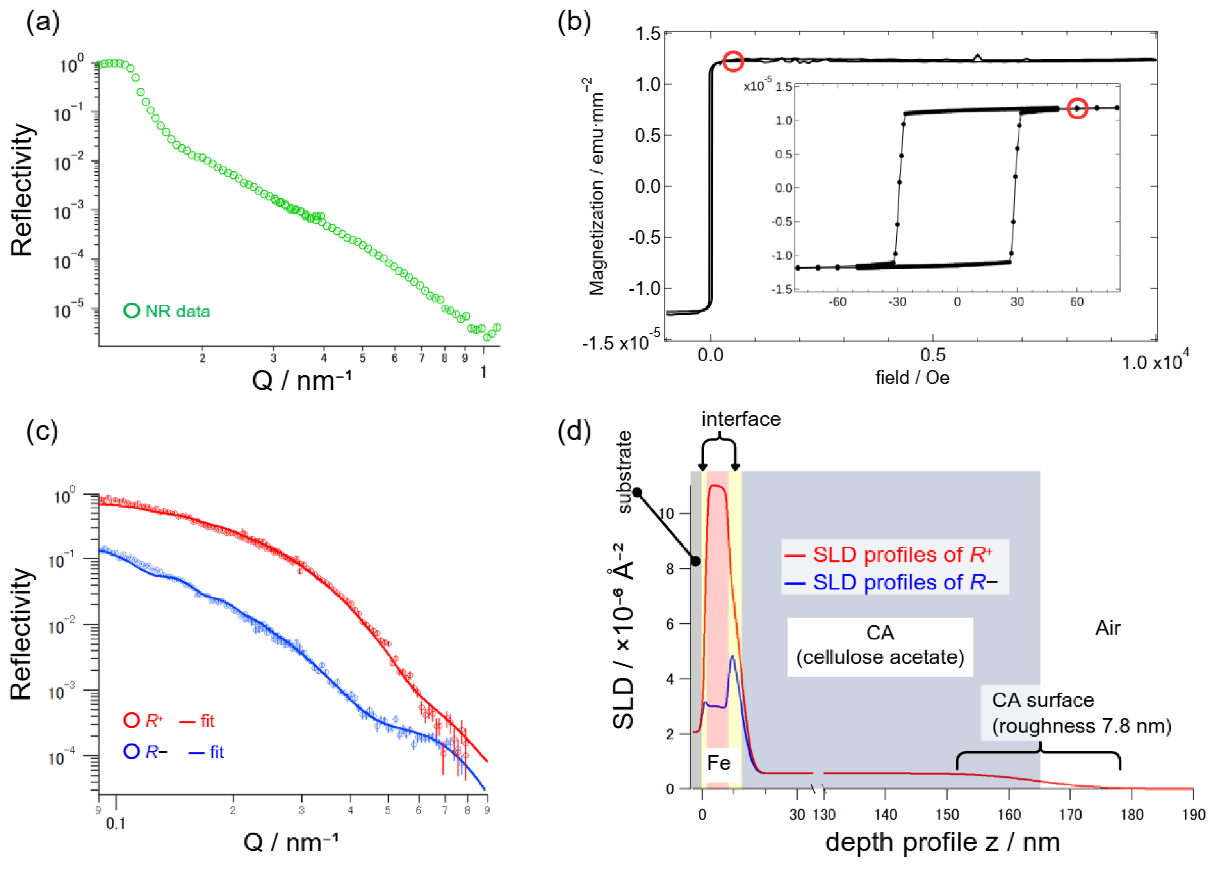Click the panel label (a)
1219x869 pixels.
[x=43, y=23]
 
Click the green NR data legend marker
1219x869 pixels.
[x=131, y=311]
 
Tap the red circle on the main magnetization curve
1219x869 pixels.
[x=733, y=61]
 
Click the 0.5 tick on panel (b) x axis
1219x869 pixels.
[x=933, y=355]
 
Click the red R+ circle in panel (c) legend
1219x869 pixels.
[x=131, y=720]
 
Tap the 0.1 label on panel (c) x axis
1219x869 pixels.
[x=116, y=823]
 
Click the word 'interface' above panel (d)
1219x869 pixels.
[x=741, y=419]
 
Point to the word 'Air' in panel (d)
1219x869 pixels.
[x=1107, y=628]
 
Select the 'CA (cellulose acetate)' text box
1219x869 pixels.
[x=880, y=645]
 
